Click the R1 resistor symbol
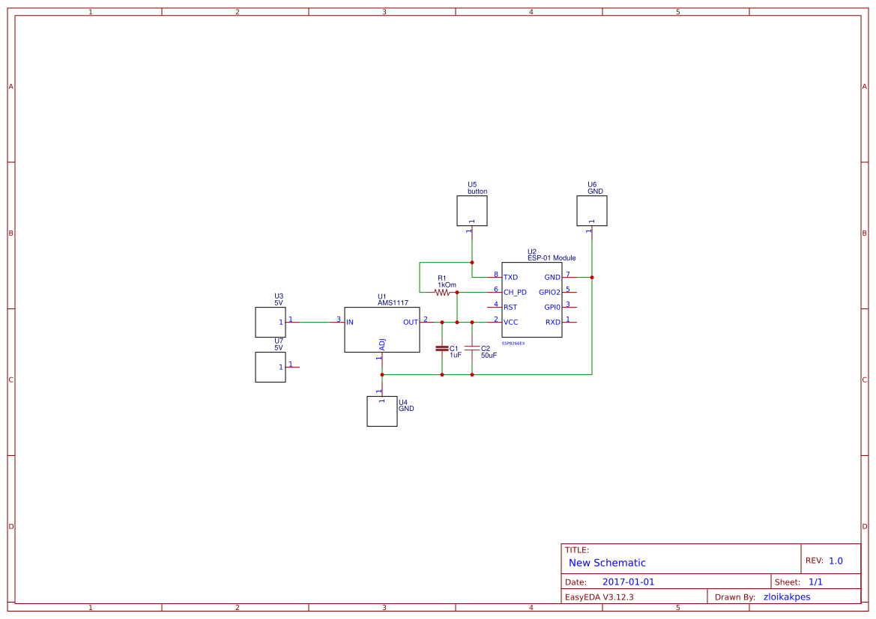[x=442, y=293]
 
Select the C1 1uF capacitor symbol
[x=442, y=348]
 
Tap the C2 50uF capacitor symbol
[x=472, y=348]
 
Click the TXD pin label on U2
[x=511, y=278]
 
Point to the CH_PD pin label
[x=515, y=293]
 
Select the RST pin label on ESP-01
[x=510, y=308]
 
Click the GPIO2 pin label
[x=549, y=293]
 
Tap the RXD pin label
[x=552, y=323]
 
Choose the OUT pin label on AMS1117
[x=411, y=323]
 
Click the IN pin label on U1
[x=350, y=323]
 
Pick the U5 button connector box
[x=472, y=211]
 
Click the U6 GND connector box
[x=592, y=211]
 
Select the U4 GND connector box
[x=382, y=412]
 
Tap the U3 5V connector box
[x=271, y=323]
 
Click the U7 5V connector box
[x=271, y=368]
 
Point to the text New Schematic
[x=607, y=563]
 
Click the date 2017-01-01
[x=628, y=582]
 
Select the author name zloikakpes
[x=786, y=597]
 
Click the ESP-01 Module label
[x=552, y=258]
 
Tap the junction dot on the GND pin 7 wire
[x=592, y=278]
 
